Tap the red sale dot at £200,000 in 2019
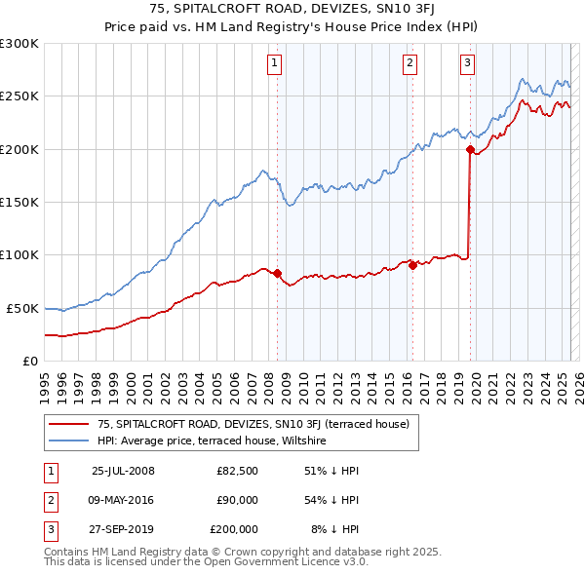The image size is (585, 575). point(470,150)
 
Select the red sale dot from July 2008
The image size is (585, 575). point(277,274)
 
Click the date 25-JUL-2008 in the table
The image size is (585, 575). point(123,471)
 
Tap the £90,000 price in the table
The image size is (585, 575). point(237,500)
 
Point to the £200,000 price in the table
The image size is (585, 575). point(234,529)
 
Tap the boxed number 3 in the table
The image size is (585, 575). point(49,529)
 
